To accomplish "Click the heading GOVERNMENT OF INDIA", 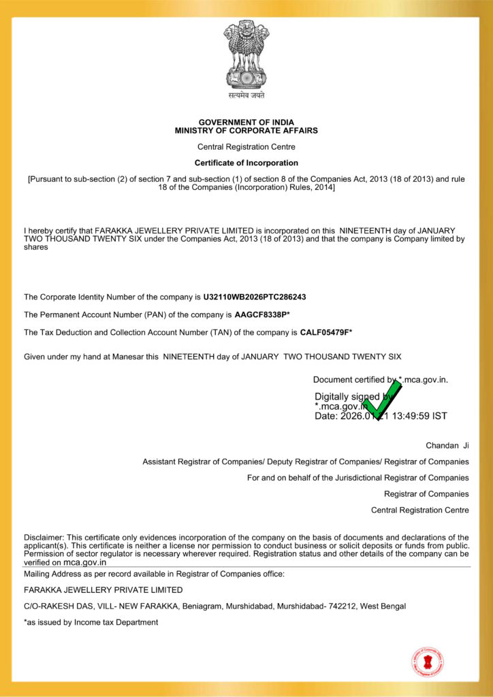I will (x=246, y=123).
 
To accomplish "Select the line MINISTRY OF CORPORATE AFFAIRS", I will (x=246, y=131).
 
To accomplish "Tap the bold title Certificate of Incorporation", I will (x=246, y=163).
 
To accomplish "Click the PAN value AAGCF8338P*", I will (x=262, y=315).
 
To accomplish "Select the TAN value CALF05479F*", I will (x=326, y=333).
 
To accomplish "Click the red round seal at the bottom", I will (x=428, y=662).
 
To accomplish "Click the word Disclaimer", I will (x=44, y=538).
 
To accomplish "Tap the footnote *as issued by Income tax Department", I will (x=91, y=622).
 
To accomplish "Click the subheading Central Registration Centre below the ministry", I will (x=246, y=147).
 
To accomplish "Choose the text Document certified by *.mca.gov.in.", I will (x=380, y=380).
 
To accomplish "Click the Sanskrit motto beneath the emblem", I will (x=246, y=96).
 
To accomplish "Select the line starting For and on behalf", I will (x=357, y=478).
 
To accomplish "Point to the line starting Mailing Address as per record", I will (x=154, y=574).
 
